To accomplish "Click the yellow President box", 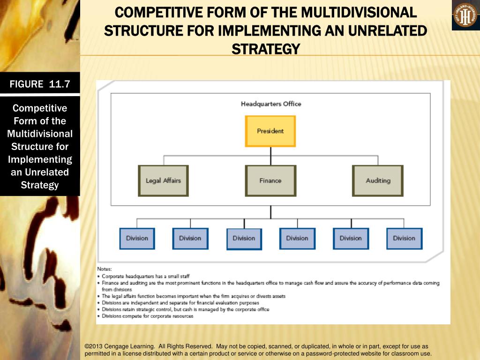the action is (x=270, y=131).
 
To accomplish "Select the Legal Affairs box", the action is (x=163, y=180).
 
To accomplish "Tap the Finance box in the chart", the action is (x=270, y=180).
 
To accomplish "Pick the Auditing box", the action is (x=378, y=180).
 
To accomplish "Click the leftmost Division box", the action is (x=137, y=238).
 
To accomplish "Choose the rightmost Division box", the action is (x=404, y=238).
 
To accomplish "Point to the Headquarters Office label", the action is (x=271, y=104).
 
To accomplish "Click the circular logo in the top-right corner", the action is (x=465, y=16).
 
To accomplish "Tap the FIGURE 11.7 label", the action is (x=40, y=84).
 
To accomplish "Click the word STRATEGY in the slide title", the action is (x=266, y=49).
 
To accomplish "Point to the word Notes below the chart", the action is (x=105, y=269).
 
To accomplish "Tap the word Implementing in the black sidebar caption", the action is (x=40, y=159).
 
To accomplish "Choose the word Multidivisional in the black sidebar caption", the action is (x=40, y=134).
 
